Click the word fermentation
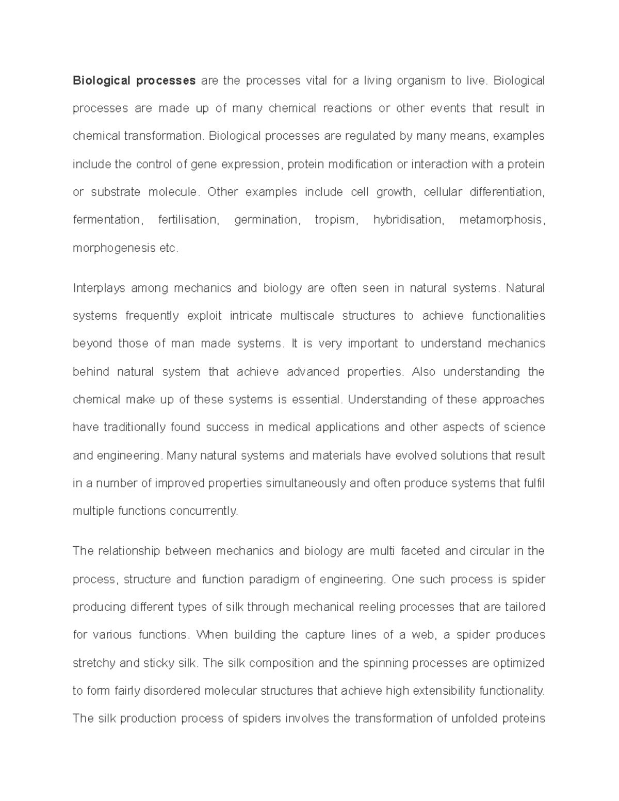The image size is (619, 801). tap(107, 220)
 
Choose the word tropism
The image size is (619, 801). tap(335, 220)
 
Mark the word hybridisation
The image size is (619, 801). tap(408, 220)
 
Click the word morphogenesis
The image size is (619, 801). tap(115, 249)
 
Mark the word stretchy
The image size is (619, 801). tap(94, 663)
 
